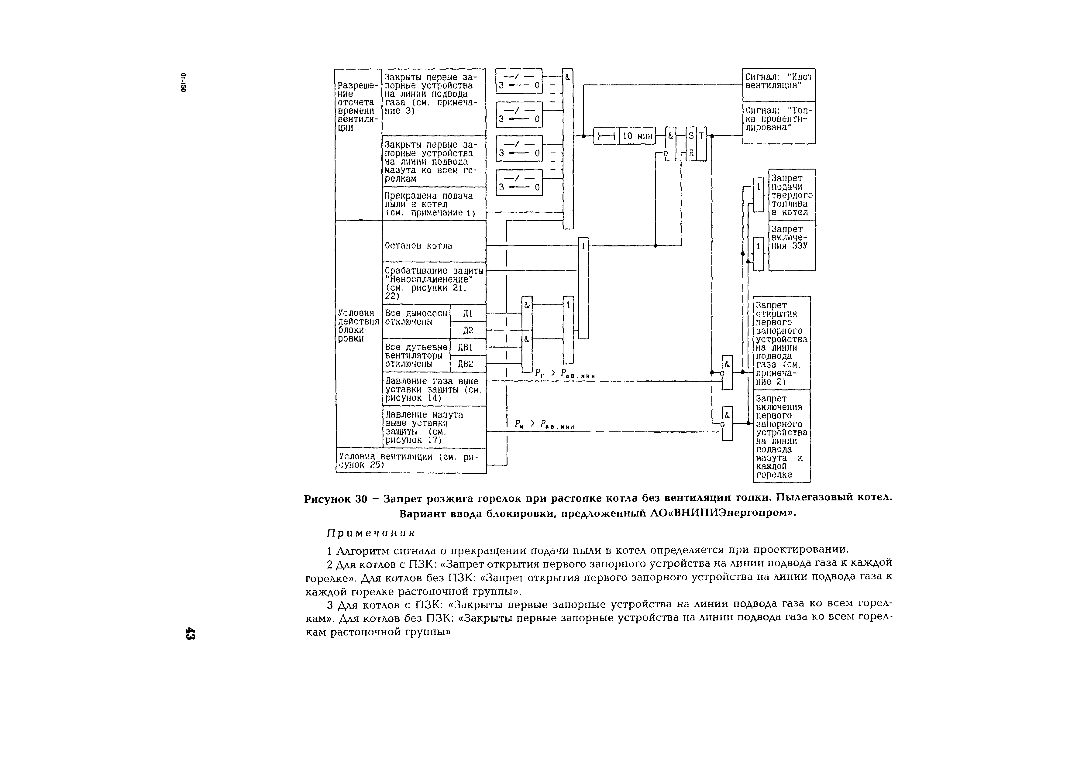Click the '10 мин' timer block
[x=637, y=136]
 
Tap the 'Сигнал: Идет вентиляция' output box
[x=779, y=84]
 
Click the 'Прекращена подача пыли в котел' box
[x=433, y=204]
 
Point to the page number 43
[x=190, y=633]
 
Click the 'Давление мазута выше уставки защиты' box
[x=433, y=427]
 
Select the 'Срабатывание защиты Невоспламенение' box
[x=433, y=283]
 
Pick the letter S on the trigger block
[x=691, y=136]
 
